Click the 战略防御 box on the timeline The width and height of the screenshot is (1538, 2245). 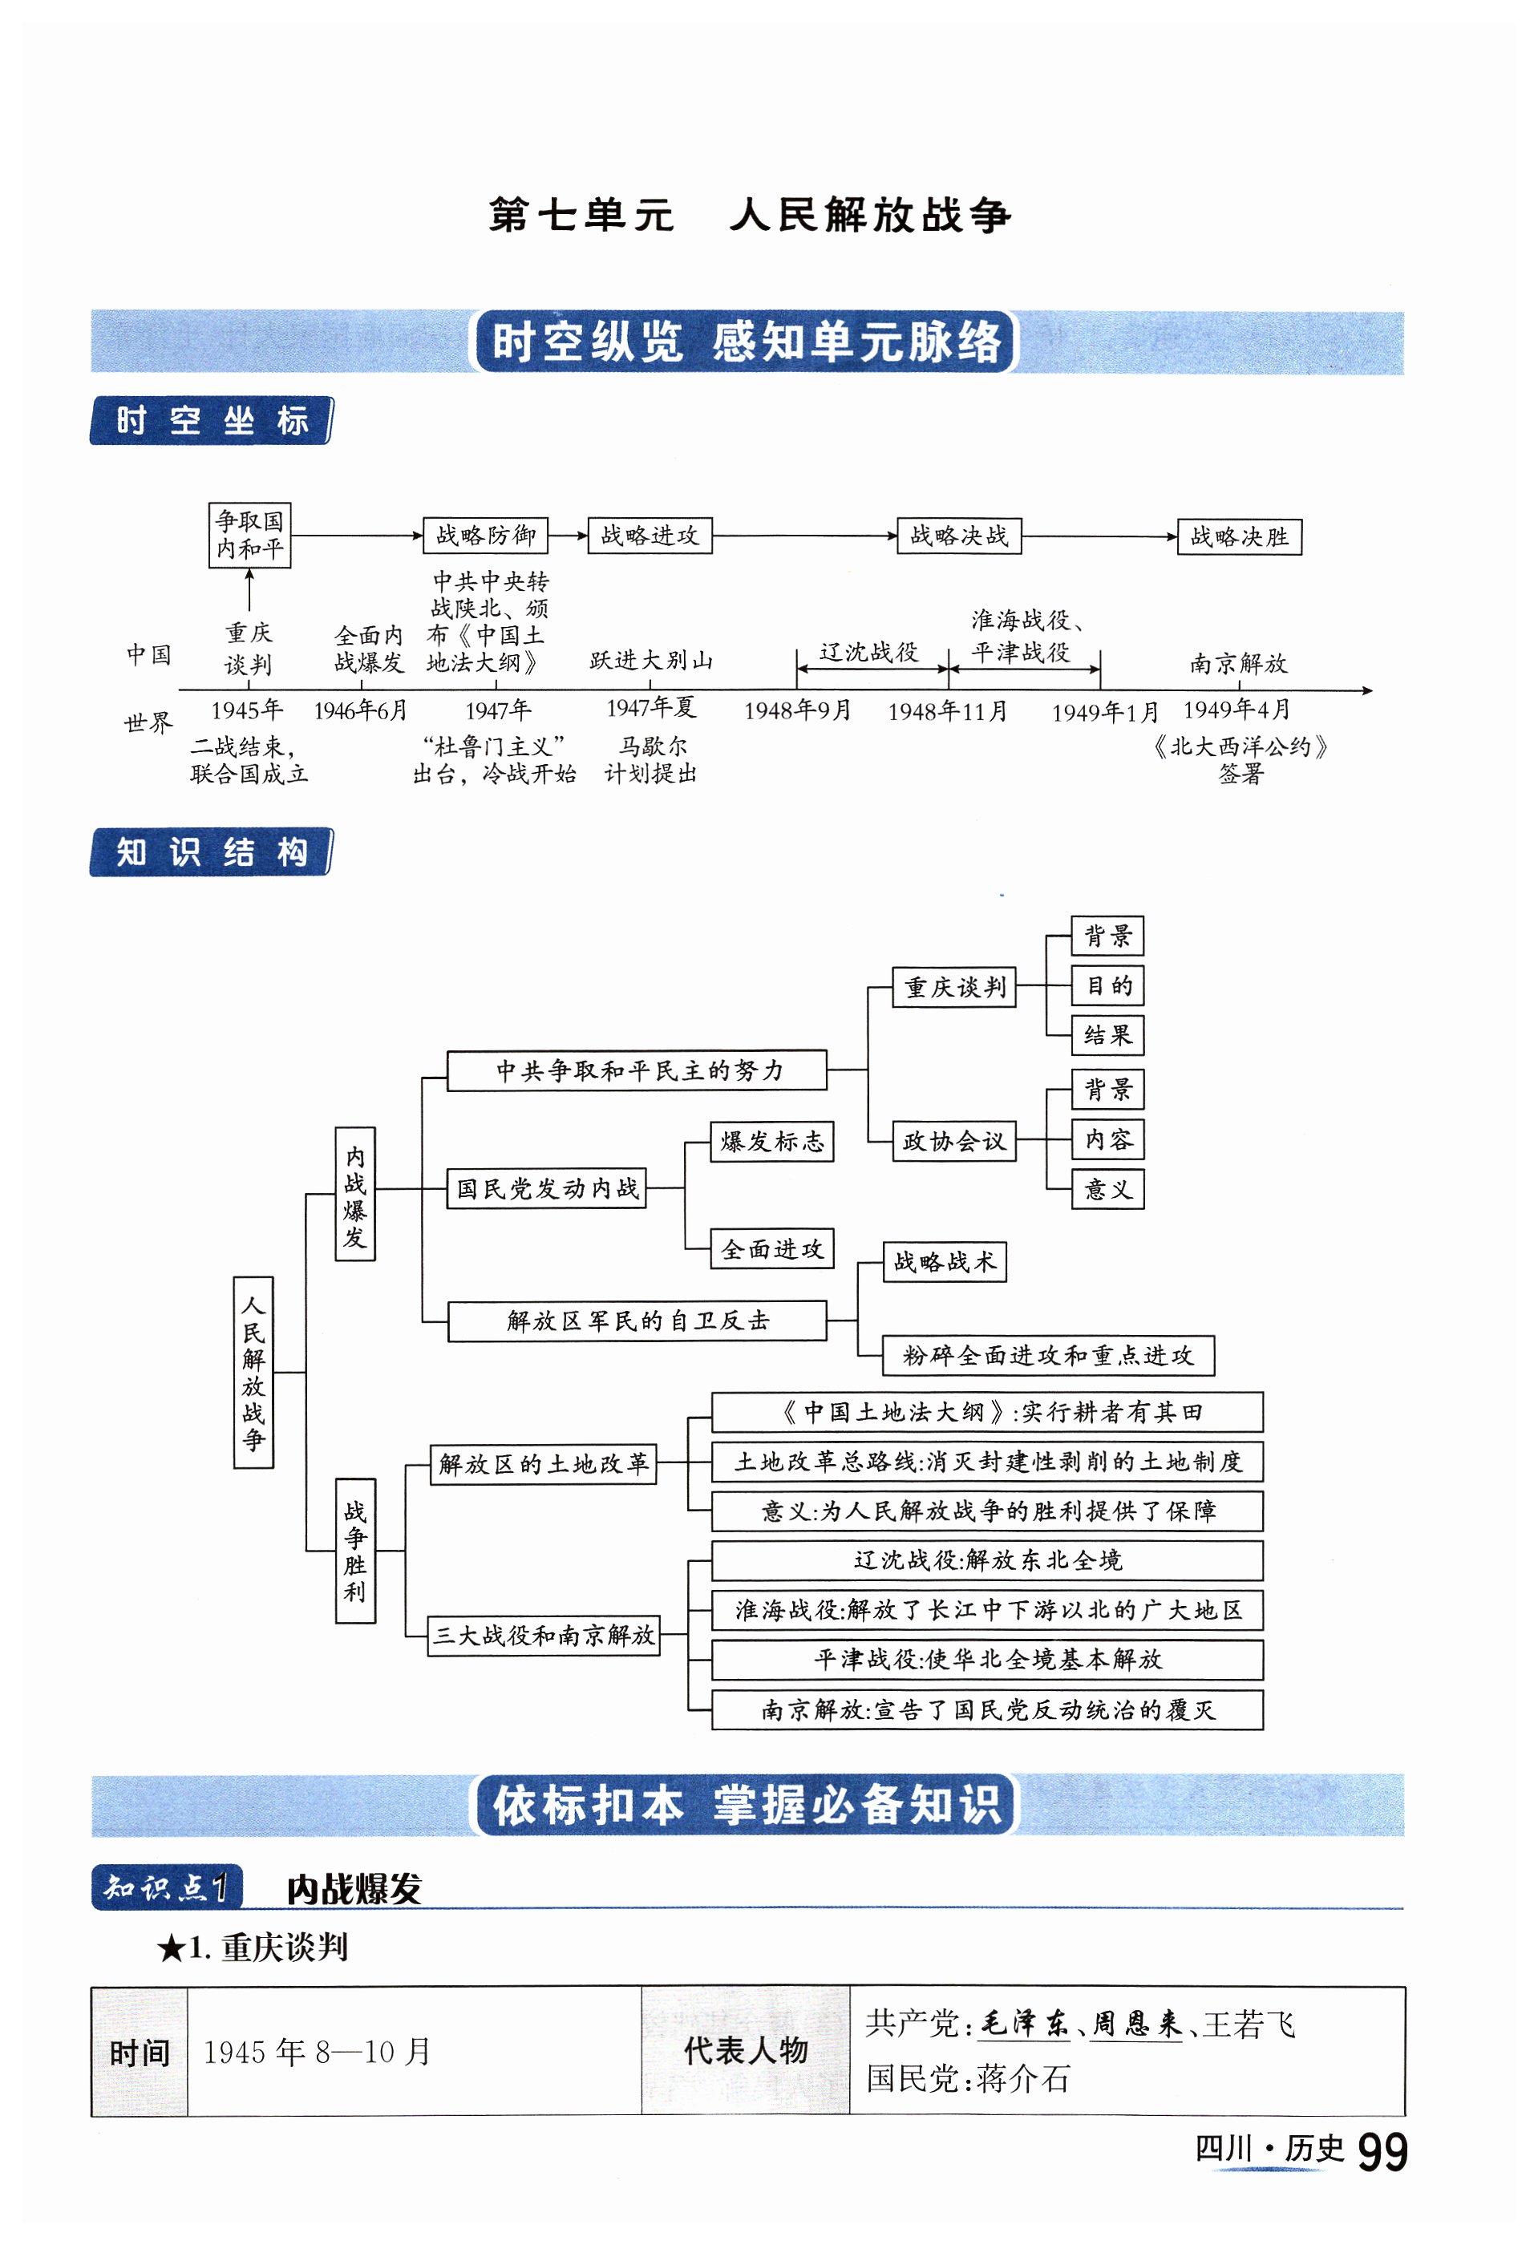pos(485,535)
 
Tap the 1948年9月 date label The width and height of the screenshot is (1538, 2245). pos(797,711)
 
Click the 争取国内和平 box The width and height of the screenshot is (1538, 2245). pos(249,534)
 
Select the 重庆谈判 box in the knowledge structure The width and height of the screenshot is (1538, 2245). pos(953,986)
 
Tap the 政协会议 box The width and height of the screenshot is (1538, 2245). pos(953,1141)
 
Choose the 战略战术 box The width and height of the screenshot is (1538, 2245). pos(944,1261)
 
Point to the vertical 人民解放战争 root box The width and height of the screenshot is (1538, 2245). pos(253,1372)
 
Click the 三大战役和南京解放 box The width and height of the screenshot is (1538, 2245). pos(543,1635)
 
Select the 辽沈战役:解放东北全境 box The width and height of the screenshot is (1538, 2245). pos(986,1560)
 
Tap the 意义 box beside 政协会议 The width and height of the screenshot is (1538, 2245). pos(1107,1189)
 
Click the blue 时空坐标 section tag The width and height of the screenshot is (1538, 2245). pos(212,421)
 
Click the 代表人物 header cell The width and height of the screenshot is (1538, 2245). pos(745,2050)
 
